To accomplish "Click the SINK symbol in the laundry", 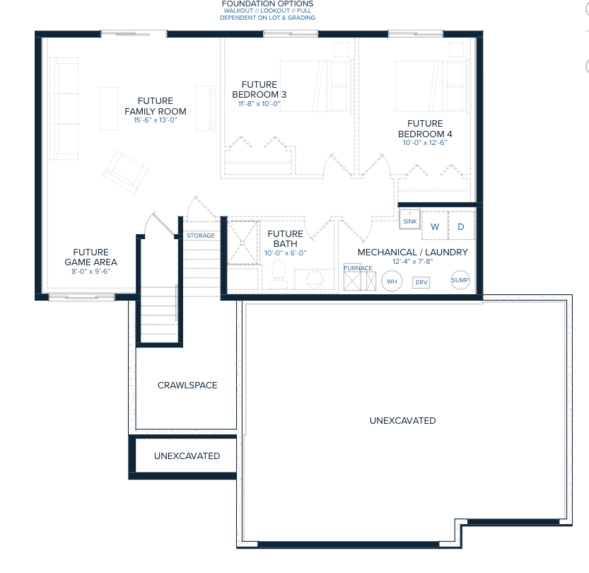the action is [409, 219].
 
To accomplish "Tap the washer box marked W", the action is [435, 226].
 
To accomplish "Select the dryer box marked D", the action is [461, 226].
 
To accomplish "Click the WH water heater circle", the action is [392, 282].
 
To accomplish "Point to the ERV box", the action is [421, 282].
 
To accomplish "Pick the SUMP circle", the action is [460, 280].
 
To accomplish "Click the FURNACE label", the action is [358, 268].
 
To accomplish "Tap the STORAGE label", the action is [201, 236].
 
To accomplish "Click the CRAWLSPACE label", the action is [187, 385].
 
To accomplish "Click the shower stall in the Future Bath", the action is [243, 243].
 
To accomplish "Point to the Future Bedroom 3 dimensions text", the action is [259, 104].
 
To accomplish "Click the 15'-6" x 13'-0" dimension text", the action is [155, 120].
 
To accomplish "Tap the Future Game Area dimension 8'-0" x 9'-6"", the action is [91, 271].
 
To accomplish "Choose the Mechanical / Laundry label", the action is [412, 252].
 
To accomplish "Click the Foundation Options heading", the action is [267, 4].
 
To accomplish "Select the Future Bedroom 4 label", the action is [425, 129].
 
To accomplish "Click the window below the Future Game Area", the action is [81, 298].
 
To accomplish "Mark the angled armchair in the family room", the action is [125, 173].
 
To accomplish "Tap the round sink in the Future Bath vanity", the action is [314, 279].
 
